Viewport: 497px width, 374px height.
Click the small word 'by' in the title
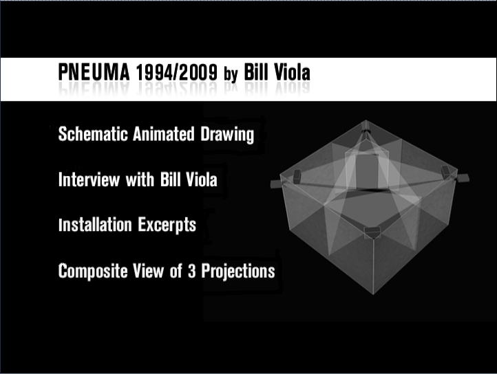(x=230, y=74)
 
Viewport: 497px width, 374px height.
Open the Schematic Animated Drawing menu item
(x=156, y=134)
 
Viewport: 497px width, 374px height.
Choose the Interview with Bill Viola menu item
(x=138, y=180)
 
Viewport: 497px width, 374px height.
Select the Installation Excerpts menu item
(x=127, y=225)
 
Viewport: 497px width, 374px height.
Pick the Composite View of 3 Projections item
(x=167, y=271)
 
